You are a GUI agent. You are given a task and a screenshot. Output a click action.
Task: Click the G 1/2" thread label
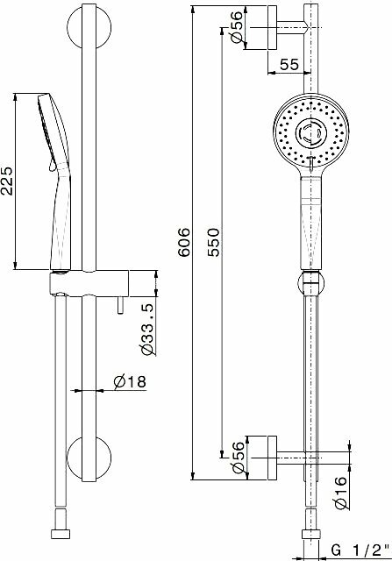[x=357, y=550]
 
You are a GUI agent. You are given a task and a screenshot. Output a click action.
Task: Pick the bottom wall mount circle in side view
[x=88, y=458]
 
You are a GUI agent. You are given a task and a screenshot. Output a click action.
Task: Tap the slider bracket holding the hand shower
[x=88, y=284]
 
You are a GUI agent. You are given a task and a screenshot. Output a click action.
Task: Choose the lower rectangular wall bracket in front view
[x=261, y=458]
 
